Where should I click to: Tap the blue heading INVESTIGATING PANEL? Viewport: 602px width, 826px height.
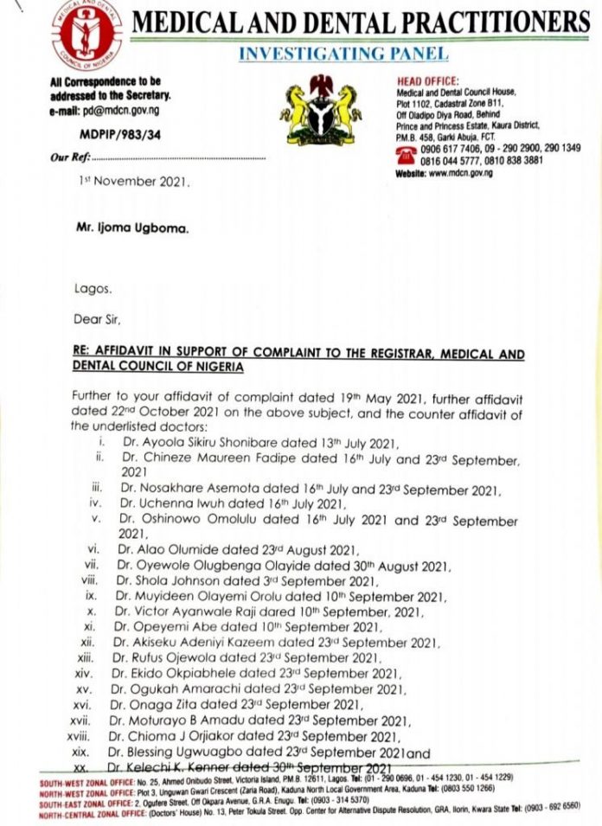(x=343, y=54)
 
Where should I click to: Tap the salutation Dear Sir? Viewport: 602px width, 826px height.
(x=97, y=317)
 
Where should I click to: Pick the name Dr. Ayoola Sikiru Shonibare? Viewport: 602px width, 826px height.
(x=195, y=444)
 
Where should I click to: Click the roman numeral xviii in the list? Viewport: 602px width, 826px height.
(x=90, y=735)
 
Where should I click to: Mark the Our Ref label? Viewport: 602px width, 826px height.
(x=69, y=158)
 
